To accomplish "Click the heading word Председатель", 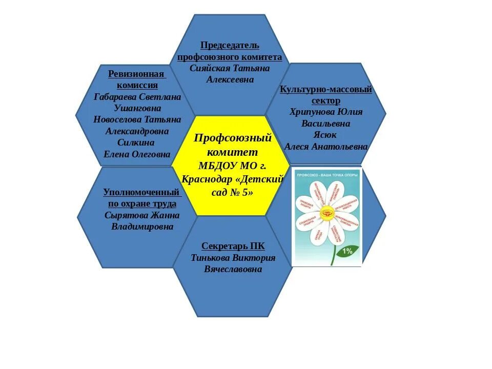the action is tap(229, 46).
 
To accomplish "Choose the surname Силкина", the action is tap(136, 142).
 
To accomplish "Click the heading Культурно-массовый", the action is tap(326, 90).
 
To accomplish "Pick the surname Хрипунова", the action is tap(313, 112).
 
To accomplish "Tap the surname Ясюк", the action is tap(325, 135).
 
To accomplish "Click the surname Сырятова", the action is tap(124, 215).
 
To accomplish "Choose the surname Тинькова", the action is tap(211, 258).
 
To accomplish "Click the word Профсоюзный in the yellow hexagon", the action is tap(233, 138).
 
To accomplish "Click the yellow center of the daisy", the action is tap(326, 212).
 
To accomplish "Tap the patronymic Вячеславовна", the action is tap(233, 269).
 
